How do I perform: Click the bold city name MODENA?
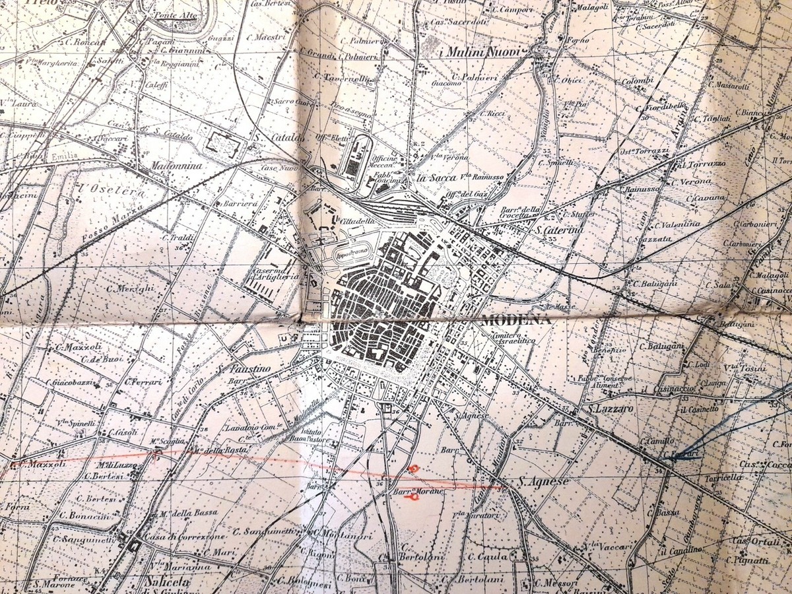coord(516,320)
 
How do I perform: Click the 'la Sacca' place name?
coord(432,178)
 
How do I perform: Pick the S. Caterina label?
coord(559,230)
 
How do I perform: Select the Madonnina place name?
coord(176,166)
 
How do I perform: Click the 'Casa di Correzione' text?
coord(176,538)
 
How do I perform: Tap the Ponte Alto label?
coord(175,15)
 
